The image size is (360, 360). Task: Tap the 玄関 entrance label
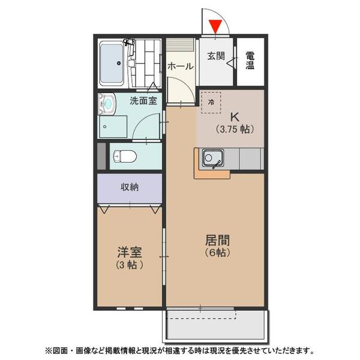click(x=216, y=56)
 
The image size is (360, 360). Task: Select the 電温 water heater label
click(x=250, y=61)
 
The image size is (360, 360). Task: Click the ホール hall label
click(x=180, y=66)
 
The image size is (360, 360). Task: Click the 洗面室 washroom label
click(x=143, y=100)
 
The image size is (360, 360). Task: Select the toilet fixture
click(x=125, y=156)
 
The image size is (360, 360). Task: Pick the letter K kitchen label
click(x=235, y=116)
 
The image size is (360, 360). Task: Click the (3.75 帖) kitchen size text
click(x=235, y=128)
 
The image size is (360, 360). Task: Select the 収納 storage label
click(x=130, y=187)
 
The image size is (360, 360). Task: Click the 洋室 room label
click(x=129, y=252)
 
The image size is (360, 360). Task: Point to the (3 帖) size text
click(x=129, y=265)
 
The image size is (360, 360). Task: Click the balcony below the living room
click(x=216, y=326)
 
